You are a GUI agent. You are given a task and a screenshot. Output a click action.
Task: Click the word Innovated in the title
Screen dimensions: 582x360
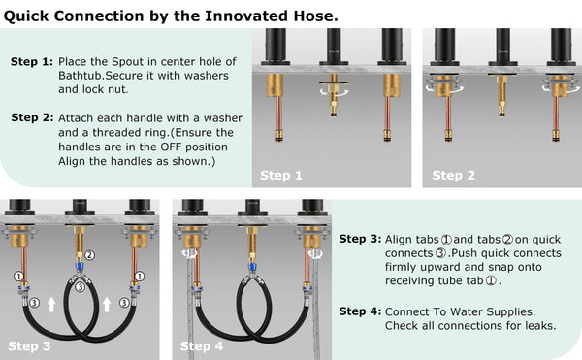[x=246, y=16]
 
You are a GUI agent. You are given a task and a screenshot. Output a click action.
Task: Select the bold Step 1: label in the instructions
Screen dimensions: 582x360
[x=32, y=61]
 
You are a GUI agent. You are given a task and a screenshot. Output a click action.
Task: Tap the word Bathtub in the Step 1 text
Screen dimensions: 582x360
[x=81, y=76]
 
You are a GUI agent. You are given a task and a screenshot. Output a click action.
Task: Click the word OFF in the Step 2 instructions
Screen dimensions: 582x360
[x=171, y=147]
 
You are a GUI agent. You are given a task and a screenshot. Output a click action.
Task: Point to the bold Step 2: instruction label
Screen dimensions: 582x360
[x=32, y=117]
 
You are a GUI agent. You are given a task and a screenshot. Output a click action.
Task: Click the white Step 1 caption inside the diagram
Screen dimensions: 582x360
[x=281, y=176]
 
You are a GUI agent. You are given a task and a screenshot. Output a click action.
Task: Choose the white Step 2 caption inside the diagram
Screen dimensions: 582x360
[x=454, y=176]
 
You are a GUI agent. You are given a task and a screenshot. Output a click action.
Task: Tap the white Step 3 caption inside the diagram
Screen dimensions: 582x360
[x=29, y=346]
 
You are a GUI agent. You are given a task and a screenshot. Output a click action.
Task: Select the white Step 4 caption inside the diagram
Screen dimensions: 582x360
[x=202, y=346]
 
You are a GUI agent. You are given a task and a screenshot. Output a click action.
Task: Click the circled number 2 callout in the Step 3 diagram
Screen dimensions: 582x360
[x=90, y=255]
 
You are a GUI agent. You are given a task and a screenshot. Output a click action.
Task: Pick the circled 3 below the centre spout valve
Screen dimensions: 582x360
[x=80, y=287]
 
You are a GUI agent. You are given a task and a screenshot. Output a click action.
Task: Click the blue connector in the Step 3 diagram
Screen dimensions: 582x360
[x=80, y=267]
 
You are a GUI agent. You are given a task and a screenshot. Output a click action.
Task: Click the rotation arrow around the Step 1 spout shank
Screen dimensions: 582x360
[x=334, y=92]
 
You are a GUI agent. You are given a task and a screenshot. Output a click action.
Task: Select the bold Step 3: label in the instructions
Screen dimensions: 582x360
[x=360, y=239]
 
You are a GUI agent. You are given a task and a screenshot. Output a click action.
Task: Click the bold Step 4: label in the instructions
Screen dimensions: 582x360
[x=360, y=311]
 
